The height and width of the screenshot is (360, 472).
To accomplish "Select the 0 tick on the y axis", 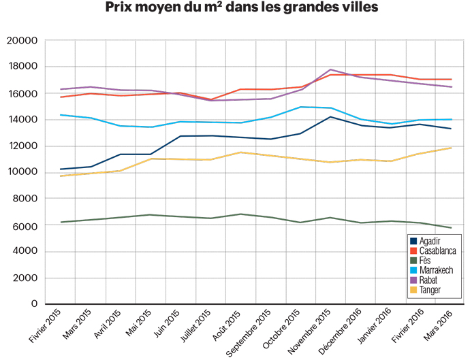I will point(33,304).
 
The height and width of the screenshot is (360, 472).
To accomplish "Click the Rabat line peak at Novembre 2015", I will point(331,69).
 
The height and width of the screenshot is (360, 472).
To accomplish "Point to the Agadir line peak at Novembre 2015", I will point(331,117).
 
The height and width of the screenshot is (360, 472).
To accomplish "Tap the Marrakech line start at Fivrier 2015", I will point(61,115).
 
